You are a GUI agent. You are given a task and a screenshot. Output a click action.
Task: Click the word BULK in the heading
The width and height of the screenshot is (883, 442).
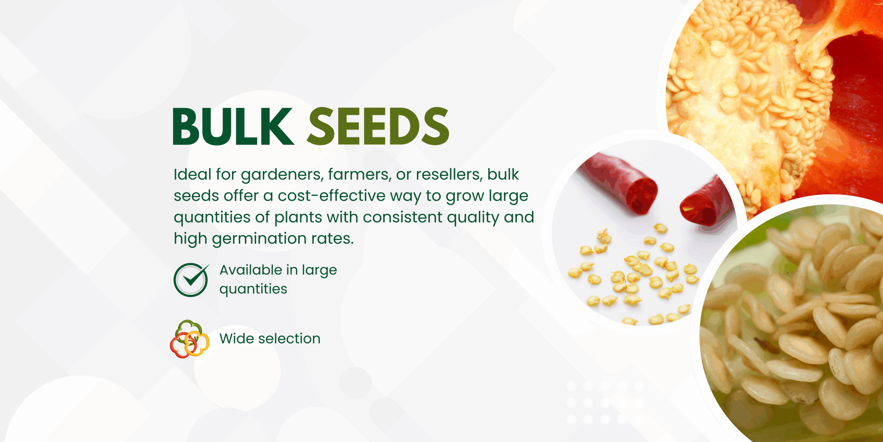tap(233, 126)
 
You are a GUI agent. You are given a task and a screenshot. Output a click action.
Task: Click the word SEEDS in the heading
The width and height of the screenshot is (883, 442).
tap(378, 126)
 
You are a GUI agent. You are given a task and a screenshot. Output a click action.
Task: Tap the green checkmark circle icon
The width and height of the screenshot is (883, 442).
tap(191, 280)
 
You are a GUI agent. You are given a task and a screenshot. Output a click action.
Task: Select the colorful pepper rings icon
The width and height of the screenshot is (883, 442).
tap(190, 339)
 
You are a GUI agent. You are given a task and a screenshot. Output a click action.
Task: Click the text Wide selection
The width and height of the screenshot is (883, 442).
tap(270, 339)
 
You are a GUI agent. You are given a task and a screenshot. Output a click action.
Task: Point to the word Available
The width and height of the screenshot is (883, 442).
tap(251, 270)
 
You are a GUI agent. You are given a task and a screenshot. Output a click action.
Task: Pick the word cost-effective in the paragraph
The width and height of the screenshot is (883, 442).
tap(331, 196)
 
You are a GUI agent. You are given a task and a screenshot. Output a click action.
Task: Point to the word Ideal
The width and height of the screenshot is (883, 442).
tap(192, 174)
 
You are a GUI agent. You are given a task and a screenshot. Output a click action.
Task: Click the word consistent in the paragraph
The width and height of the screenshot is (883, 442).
tap(403, 218)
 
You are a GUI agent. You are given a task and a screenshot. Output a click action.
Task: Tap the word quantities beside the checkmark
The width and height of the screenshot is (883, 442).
tap(254, 289)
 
